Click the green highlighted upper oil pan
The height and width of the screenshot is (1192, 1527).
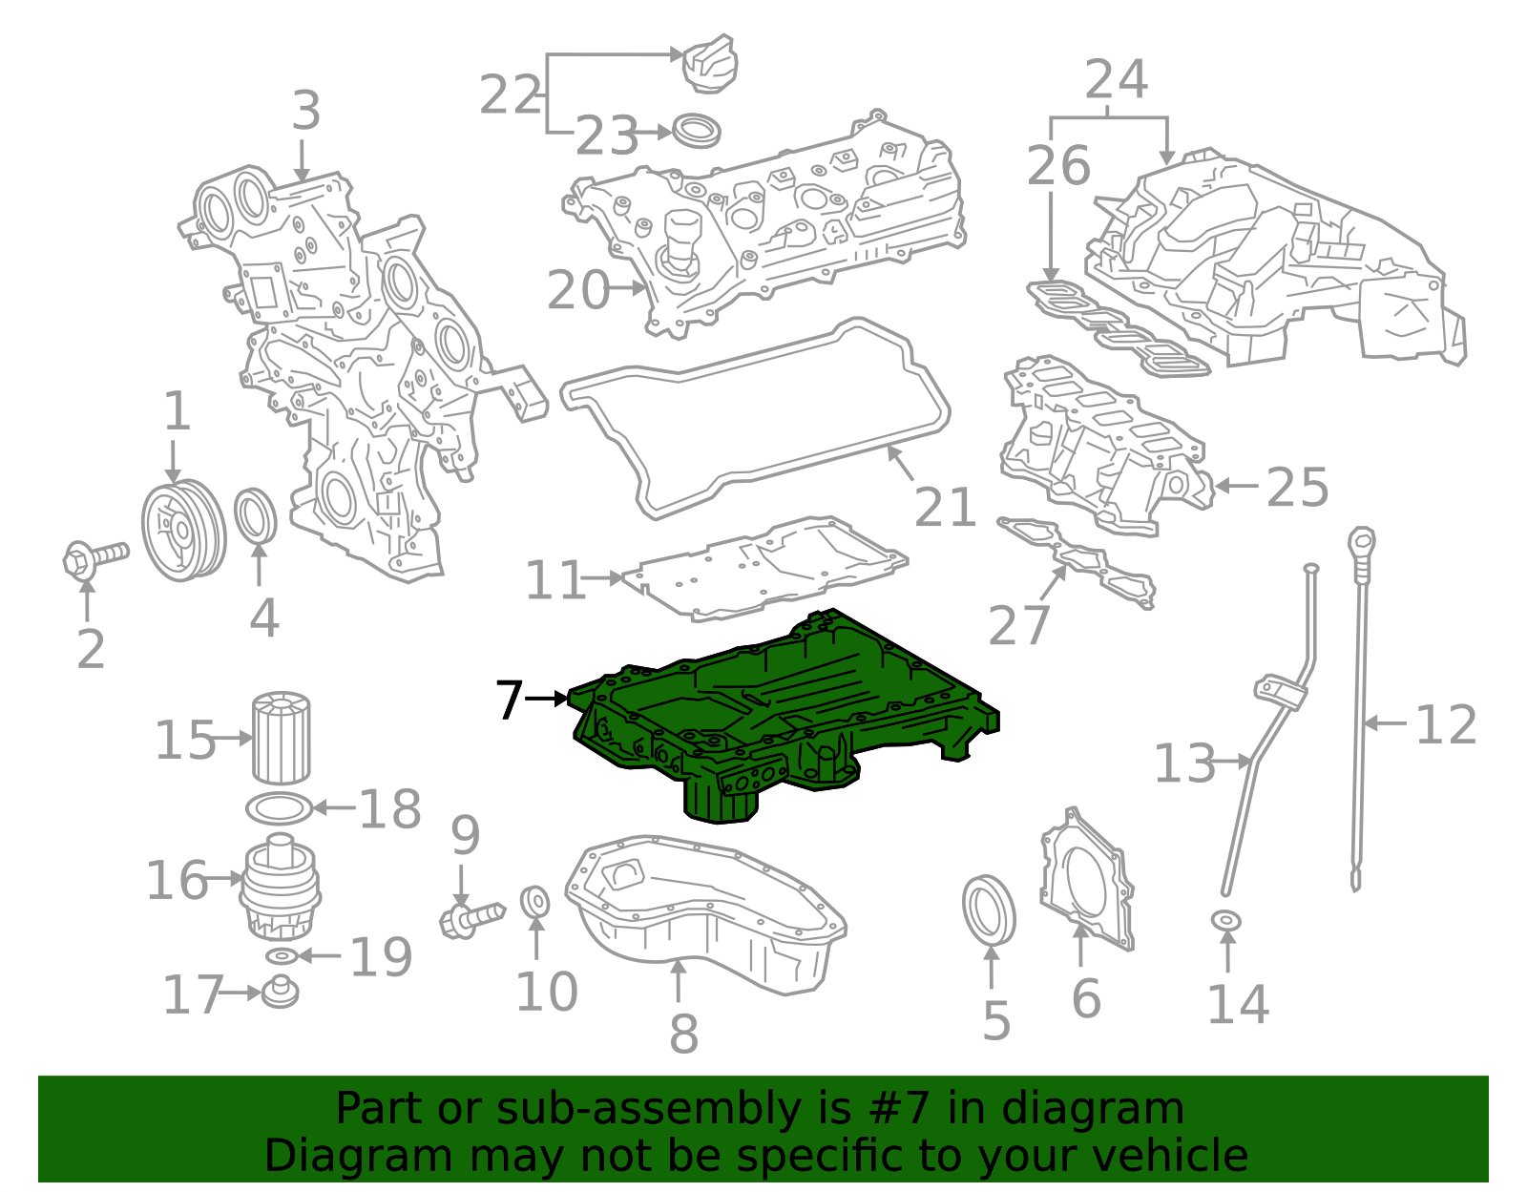783,716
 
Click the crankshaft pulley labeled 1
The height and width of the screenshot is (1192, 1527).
183,530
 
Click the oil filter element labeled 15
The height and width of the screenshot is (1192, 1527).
281,739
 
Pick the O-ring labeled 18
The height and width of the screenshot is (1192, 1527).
280,808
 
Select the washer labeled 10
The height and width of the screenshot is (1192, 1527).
535,900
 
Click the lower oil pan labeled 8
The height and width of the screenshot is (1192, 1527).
706,916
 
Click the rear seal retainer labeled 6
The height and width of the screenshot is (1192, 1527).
1088,883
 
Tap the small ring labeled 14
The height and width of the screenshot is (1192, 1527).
1226,921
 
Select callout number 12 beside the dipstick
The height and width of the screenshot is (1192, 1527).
1446,725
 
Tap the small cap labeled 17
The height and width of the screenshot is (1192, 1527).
280,992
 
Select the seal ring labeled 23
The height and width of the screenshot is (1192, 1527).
697,130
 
